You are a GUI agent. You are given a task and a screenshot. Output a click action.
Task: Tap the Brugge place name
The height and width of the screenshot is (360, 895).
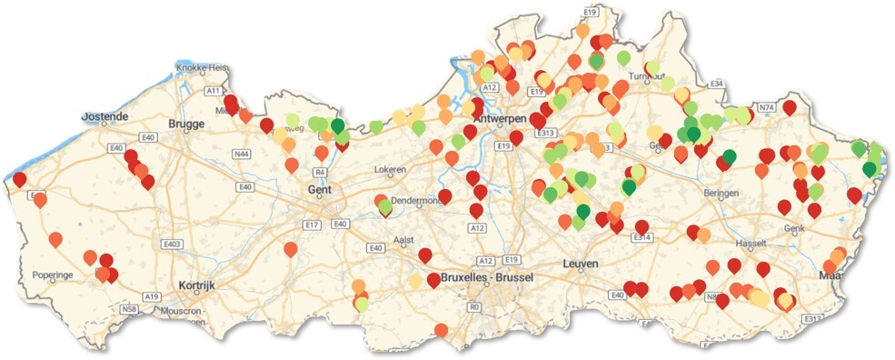coord(187,125)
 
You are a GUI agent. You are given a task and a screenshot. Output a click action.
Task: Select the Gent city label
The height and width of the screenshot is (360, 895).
coord(320,190)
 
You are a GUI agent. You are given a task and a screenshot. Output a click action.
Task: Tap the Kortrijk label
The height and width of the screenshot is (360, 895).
coord(196,285)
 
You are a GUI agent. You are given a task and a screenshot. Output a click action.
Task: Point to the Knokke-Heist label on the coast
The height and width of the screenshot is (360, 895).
coord(204,68)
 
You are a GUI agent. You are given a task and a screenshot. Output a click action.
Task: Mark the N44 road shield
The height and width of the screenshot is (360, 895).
coord(243,155)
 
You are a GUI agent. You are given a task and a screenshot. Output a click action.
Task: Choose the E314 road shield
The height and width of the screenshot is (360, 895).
coord(641,237)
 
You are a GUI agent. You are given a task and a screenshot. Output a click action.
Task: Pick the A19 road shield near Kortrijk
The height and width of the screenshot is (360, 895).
coord(151,296)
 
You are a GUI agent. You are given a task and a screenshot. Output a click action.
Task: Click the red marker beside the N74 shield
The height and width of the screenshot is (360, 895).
coord(789,107)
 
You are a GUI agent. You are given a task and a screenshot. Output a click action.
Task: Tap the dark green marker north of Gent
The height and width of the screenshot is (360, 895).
coord(338,125)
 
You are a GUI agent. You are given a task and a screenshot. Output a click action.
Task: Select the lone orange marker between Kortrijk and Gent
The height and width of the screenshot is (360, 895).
coord(290,248)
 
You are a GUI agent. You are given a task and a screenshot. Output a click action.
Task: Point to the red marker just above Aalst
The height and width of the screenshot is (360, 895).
coord(424,255)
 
